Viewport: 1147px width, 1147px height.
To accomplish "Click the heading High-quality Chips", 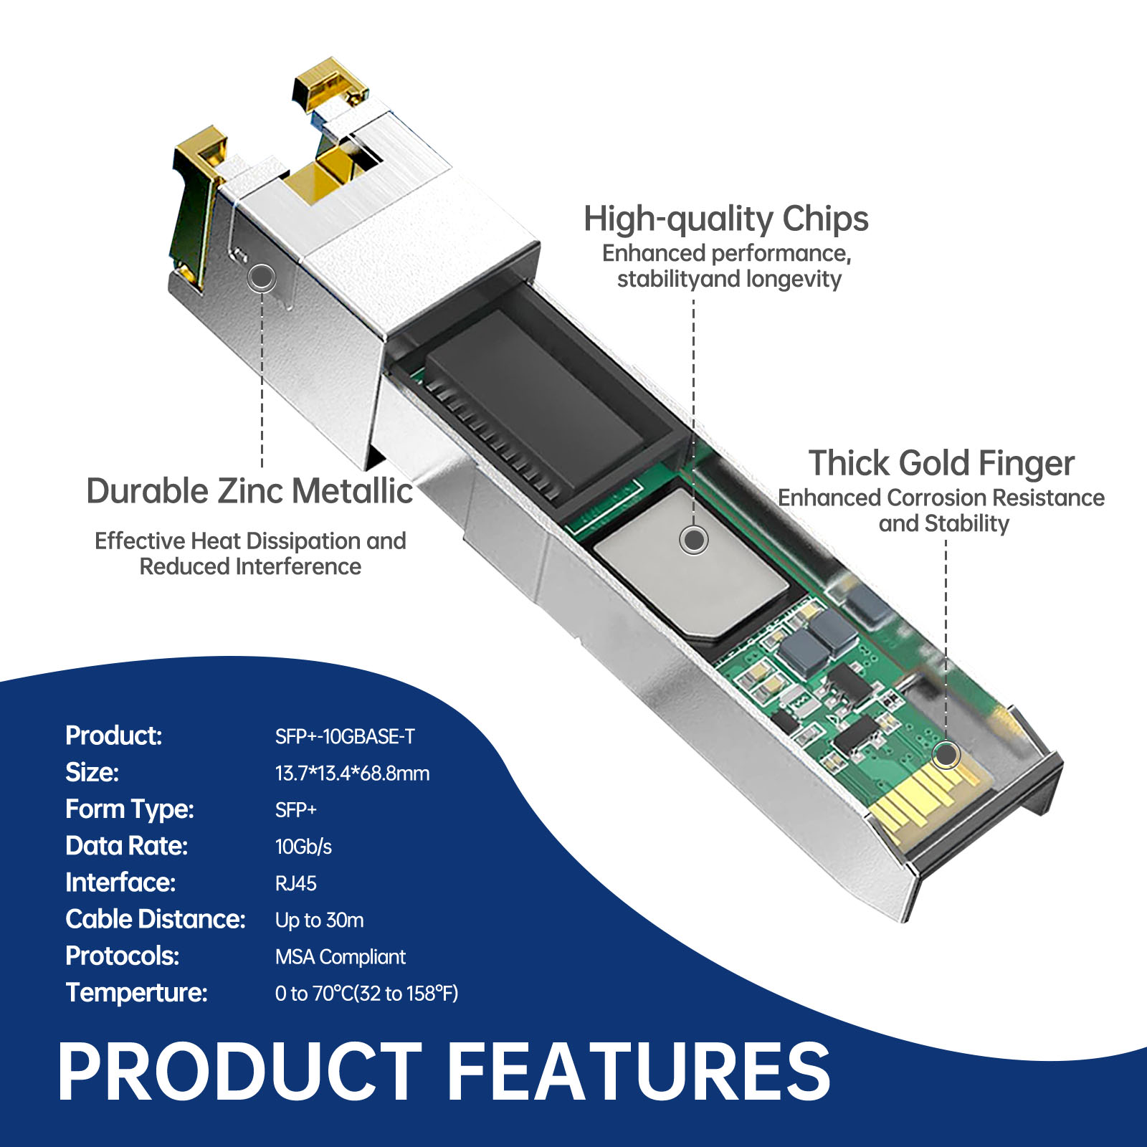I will [725, 219].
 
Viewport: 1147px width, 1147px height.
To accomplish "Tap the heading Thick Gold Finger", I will [941, 464].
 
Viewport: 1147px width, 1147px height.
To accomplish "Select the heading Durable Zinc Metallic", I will [249, 492].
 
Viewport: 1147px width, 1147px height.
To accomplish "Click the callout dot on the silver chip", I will [694, 539].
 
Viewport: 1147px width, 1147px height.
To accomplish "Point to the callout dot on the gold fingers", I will [947, 754].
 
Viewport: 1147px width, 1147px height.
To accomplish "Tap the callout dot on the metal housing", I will [262, 277].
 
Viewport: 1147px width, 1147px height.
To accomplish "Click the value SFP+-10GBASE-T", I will [345, 736].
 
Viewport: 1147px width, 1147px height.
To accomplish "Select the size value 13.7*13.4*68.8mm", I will [352, 774].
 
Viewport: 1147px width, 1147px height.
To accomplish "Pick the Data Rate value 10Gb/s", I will [303, 847].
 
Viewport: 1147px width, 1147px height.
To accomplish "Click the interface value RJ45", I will [295, 883].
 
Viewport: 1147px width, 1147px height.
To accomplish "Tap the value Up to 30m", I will [319, 920].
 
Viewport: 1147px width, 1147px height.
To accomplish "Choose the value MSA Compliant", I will [340, 957].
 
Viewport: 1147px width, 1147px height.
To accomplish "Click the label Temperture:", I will [136, 993].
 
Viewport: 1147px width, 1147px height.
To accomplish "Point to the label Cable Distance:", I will [156, 919].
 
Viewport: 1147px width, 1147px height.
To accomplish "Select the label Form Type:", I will [130, 809].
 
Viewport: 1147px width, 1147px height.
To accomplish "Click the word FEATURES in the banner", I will [639, 1072].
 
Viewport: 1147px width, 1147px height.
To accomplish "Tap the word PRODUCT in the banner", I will [240, 1072].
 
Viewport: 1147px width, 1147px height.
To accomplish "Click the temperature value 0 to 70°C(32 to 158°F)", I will [366, 994].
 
